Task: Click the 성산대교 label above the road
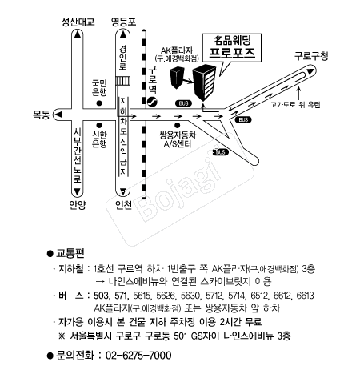[x=78, y=22]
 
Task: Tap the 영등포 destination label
[x=123, y=22]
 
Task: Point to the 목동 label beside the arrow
[x=42, y=115]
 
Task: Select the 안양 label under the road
[x=78, y=205]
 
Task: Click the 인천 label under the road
[x=123, y=205]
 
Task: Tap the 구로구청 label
[x=311, y=56]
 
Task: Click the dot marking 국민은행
[x=99, y=103]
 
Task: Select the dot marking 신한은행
[x=99, y=125]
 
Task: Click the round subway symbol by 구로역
[x=152, y=102]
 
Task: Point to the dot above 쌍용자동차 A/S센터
[x=177, y=125]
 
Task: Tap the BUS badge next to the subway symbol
[x=183, y=103]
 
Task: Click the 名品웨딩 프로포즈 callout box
[x=232, y=48]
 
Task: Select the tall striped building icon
[x=204, y=82]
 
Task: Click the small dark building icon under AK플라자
[x=177, y=78]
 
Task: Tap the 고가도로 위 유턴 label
[x=295, y=105]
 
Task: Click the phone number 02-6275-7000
[x=138, y=356]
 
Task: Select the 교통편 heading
[x=70, y=253]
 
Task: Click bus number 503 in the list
[x=102, y=296]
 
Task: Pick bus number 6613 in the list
[x=305, y=296]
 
